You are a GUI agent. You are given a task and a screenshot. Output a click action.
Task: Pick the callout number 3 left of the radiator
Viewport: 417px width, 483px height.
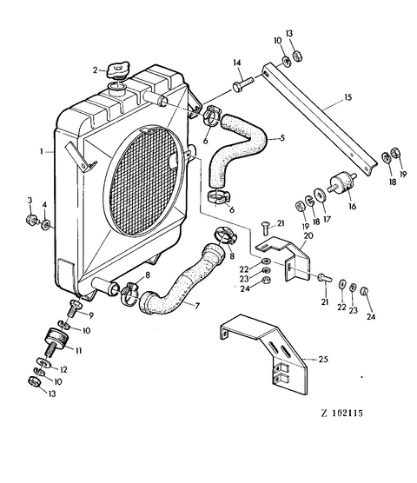29,202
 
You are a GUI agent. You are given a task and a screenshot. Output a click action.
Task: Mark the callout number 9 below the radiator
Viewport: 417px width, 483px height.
90,315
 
